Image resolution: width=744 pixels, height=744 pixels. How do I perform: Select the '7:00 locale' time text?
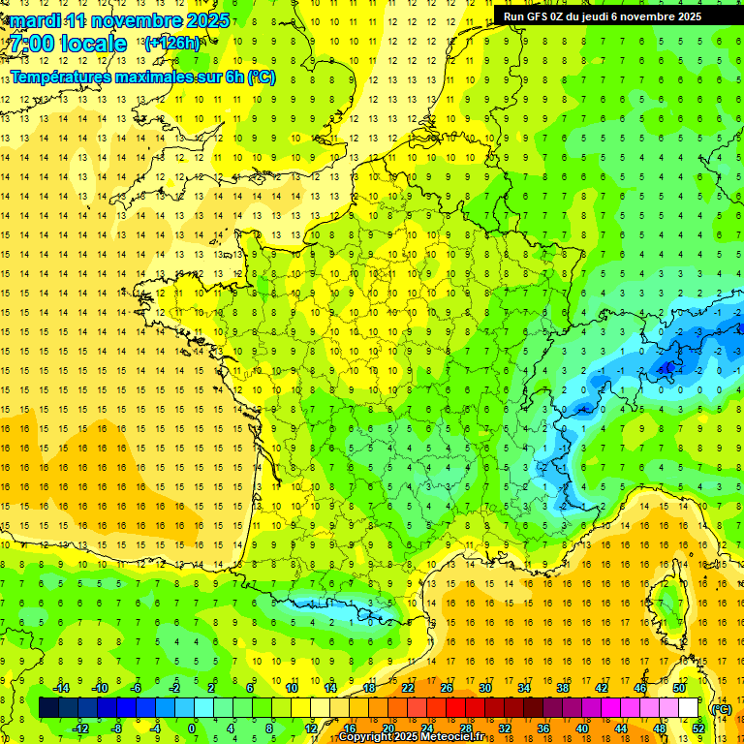(x=68, y=44)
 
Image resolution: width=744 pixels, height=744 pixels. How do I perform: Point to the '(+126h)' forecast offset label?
(x=171, y=44)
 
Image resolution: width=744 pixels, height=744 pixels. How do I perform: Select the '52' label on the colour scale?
(x=698, y=728)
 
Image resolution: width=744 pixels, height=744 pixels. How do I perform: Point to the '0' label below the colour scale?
(x=191, y=728)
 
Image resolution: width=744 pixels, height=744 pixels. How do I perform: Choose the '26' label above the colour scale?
(x=447, y=688)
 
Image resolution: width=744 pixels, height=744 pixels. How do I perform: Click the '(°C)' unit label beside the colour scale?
(x=721, y=708)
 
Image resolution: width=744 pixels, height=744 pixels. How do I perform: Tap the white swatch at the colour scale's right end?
(x=689, y=708)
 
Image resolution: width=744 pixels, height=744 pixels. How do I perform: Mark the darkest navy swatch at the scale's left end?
(x=48, y=708)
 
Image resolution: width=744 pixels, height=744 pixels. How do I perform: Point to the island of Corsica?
(x=666, y=605)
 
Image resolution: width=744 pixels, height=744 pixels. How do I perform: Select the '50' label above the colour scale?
(x=679, y=688)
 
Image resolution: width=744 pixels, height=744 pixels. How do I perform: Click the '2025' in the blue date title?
(x=207, y=20)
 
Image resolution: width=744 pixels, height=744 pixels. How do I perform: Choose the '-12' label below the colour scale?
(x=80, y=728)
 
